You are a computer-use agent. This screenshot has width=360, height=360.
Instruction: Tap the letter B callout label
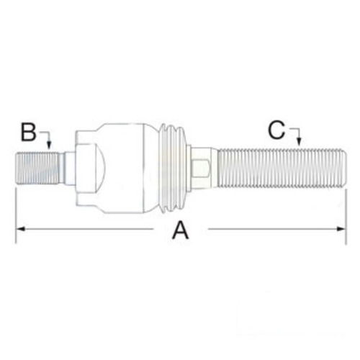point(28,132)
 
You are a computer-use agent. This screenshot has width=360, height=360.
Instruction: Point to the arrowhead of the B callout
point(48,146)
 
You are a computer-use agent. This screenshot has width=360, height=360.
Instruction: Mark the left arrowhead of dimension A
point(19,230)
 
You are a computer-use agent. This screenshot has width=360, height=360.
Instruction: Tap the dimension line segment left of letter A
point(86,230)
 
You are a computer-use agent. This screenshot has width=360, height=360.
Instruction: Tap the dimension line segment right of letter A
point(274,230)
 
